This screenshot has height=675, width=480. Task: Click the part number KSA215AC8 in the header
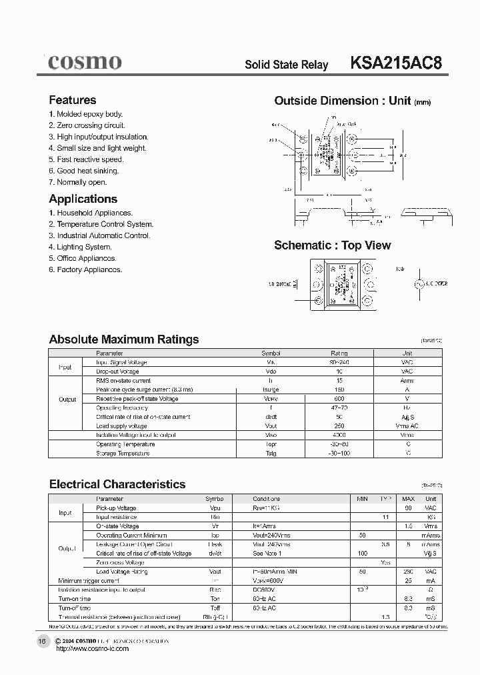tap(395, 63)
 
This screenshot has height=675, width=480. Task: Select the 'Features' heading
tap(73, 100)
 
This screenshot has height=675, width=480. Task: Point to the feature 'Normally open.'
tap(77, 182)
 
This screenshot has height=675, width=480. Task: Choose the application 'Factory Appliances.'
tap(85, 269)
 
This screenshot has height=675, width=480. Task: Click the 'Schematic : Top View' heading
tap(333, 245)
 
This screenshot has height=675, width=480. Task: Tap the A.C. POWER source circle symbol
tap(419, 283)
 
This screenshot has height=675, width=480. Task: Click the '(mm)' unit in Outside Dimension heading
tap(423, 102)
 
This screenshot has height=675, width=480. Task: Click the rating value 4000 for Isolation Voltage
tap(340, 435)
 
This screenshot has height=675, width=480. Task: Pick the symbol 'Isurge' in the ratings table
tap(271, 390)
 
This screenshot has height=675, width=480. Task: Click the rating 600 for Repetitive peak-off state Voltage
tap(340, 399)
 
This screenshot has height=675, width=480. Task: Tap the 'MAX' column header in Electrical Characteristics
tap(408, 499)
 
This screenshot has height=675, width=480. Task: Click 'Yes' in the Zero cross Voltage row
tap(385, 562)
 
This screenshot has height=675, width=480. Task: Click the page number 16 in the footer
tap(42, 641)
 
